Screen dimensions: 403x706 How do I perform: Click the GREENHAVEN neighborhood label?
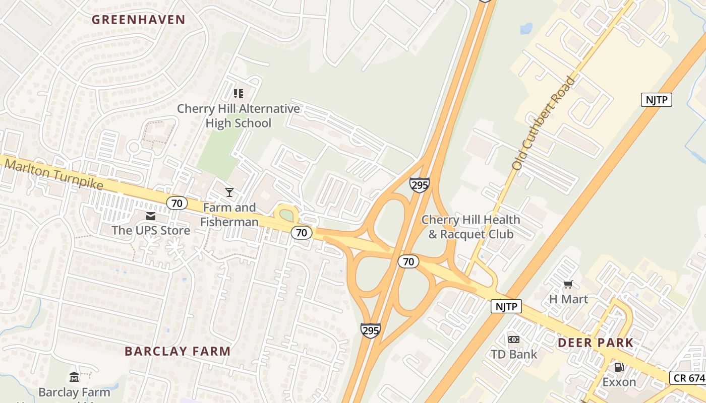[x=139, y=20]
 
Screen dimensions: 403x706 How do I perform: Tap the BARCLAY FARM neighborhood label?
[x=178, y=351]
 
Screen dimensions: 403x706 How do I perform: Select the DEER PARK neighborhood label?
[x=596, y=343]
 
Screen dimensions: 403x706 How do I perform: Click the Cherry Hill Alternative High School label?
[x=238, y=116]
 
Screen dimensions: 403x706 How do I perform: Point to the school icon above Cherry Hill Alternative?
[x=239, y=93]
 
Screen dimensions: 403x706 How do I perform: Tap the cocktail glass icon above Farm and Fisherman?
[x=229, y=192]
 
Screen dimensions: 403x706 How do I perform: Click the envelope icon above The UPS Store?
[x=151, y=216]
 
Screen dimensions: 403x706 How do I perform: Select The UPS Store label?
[x=151, y=231]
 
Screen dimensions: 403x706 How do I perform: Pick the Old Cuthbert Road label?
[x=544, y=122]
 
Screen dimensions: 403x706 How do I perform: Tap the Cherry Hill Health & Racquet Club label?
[x=470, y=227]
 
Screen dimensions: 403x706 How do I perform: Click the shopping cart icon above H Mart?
[x=568, y=285]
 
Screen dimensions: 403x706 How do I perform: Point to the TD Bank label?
[x=514, y=354]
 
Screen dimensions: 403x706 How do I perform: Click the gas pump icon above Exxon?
[x=619, y=367]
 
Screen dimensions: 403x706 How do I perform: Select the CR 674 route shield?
[x=688, y=378]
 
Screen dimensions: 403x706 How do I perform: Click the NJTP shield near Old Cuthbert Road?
[x=657, y=100]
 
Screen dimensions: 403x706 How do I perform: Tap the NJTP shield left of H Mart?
[x=506, y=306]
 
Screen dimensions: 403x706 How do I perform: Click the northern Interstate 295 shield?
[x=419, y=185]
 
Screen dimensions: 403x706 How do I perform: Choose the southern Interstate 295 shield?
[x=370, y=330]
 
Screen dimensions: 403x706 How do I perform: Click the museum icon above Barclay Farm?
[x=74, y=377]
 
